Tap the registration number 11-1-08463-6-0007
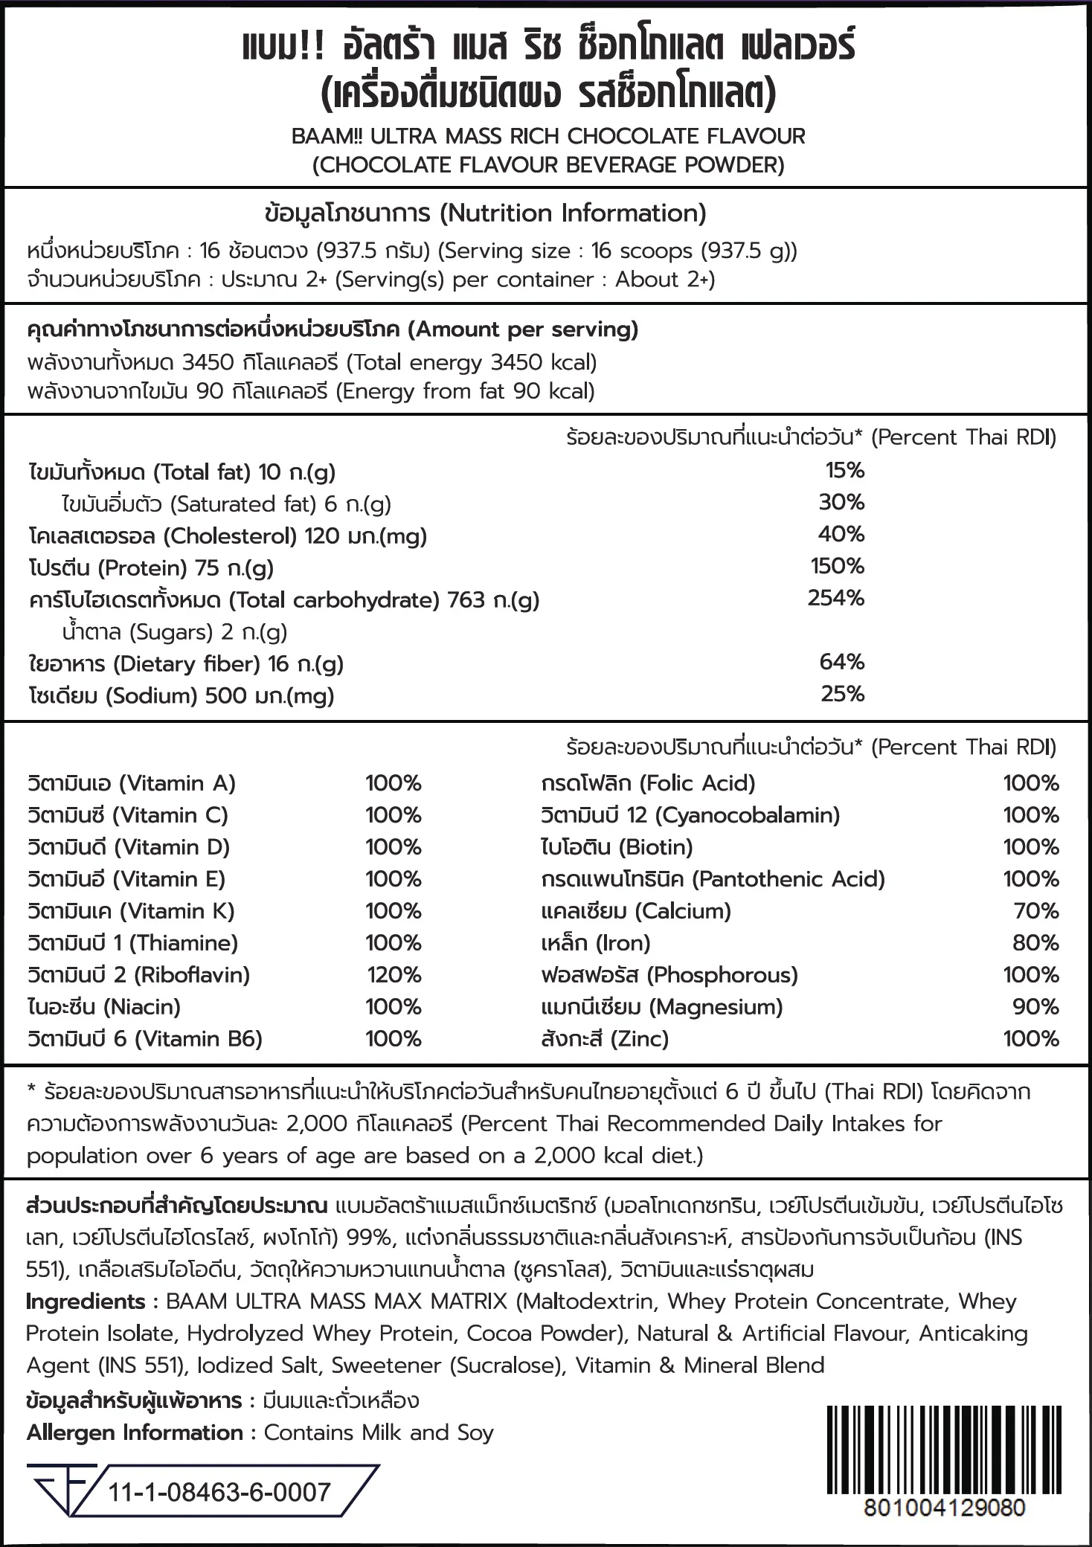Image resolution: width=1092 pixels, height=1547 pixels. point(219,1493)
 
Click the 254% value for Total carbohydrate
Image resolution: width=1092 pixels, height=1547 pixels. point(836,598)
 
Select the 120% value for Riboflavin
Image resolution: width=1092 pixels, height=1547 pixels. point(394,975)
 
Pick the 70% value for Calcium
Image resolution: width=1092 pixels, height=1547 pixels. point(1035,911)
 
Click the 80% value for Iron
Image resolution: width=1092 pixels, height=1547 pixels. point(1035,943)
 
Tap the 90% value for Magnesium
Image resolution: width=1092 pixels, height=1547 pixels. point(1035,1007)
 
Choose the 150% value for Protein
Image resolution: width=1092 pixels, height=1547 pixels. point(838,566)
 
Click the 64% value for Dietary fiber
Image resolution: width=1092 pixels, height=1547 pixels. point(842,662)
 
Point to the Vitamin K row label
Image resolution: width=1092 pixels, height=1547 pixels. point(131,911)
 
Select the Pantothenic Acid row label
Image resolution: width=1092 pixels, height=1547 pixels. point(713,879)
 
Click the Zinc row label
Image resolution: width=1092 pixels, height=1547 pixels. point(605,1039)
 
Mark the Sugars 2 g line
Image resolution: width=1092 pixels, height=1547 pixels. point(175,632)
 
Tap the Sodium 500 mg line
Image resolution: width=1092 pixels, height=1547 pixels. point(182,696)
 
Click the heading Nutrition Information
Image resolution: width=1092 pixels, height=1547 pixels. point(485,213)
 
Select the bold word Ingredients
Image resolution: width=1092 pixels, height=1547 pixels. point(86,1302)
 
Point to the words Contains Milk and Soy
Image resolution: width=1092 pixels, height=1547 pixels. point(379,1433)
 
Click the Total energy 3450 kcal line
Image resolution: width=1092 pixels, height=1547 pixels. point(312,363)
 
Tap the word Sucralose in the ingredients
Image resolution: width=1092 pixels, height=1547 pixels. point(507,1366)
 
